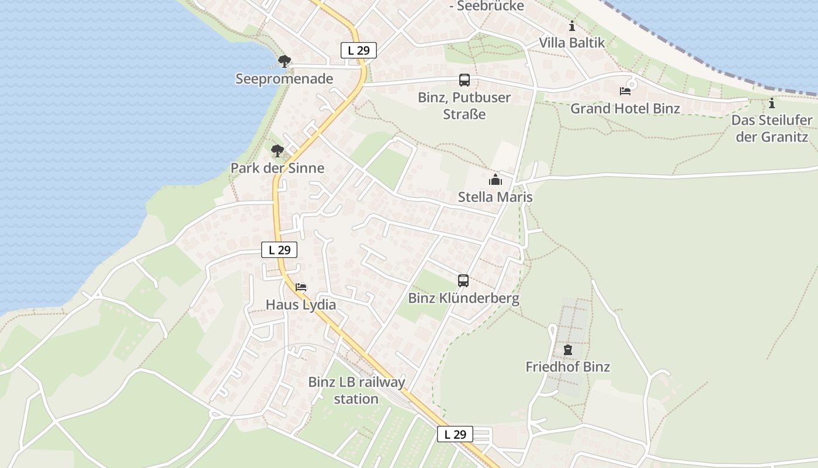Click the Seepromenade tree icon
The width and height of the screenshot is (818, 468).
coord(284,61)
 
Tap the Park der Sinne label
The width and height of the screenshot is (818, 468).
coord(277,168)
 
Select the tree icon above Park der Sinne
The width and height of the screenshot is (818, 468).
coord(277,152)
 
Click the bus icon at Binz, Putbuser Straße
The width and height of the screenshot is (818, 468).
coord(465,80)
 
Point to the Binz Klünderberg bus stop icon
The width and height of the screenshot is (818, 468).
coord(463,281)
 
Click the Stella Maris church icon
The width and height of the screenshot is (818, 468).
coord(495,180)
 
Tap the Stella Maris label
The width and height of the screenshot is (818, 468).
coord(495,197)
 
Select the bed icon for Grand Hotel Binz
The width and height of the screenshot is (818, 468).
coord(625,91)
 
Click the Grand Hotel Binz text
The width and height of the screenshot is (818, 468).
coord(625,109)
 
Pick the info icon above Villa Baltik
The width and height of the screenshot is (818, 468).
coord(571,26)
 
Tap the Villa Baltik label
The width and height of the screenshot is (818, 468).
coord(571,43)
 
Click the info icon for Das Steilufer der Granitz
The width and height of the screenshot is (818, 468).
coord(772,104)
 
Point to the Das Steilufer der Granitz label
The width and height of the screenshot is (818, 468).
coord(772,129)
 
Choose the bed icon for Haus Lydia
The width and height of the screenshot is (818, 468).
coord(301,287)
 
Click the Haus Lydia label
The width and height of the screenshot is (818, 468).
coord(301,305)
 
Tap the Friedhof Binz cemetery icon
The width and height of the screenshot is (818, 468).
coord(567,350)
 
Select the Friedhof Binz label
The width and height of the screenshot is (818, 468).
coord(567,367)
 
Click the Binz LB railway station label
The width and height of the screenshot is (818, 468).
coord(356,391)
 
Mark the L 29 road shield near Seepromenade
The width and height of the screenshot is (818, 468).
coord(358,50)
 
